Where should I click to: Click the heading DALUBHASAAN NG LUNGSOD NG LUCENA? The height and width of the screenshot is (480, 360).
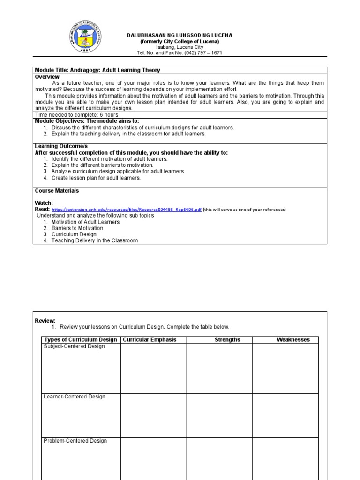click(x=180, y=36)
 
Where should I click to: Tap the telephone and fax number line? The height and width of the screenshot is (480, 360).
click(x=180, y=53)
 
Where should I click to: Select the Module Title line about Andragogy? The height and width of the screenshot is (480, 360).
click(x=97, y=70)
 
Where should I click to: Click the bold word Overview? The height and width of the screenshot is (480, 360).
click(x=47, y=76)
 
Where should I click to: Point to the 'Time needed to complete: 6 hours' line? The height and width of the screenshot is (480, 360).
click(x=76, y=115)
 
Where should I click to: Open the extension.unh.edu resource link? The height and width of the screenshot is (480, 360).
click(x=127, y=210)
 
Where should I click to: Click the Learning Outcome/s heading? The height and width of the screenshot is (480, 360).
click(x=61, y=146)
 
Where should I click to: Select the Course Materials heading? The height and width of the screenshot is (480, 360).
click(x=57, y=191)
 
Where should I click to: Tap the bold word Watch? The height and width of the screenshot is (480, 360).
click(x=44, y=203)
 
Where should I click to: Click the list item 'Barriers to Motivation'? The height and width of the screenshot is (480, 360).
click(x=77, y=228)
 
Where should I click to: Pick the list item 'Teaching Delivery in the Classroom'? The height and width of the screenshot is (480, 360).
click(x=94, y=240)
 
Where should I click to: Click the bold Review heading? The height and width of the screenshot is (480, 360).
click(x=45, y=321)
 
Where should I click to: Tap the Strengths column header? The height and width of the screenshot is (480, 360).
click(x=227, y=340)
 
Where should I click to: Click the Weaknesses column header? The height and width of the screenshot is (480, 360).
click(x=293, y=340)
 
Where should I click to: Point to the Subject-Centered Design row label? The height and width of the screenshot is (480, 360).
click(x=74, y=346)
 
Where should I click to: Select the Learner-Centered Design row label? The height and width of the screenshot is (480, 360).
click(x=74, y=397)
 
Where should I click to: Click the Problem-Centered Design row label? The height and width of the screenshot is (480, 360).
click(x=75, y=441)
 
